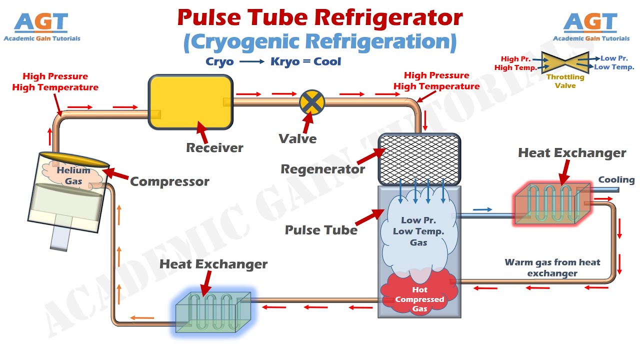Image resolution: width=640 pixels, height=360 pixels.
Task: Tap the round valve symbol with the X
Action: coord(312,102)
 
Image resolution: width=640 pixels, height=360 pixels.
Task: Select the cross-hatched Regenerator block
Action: coord(419,159)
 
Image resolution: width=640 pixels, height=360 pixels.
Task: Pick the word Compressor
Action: coord(169,181)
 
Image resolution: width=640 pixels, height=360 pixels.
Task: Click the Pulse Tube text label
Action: coord(321,230)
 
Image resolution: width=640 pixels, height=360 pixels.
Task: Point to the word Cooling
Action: coord(616,180)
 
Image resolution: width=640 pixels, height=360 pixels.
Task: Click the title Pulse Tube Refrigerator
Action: coord(319,18)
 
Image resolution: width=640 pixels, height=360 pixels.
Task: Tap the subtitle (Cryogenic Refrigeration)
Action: coord(320,42)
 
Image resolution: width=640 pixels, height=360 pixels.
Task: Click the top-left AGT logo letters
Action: coord(41,22)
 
